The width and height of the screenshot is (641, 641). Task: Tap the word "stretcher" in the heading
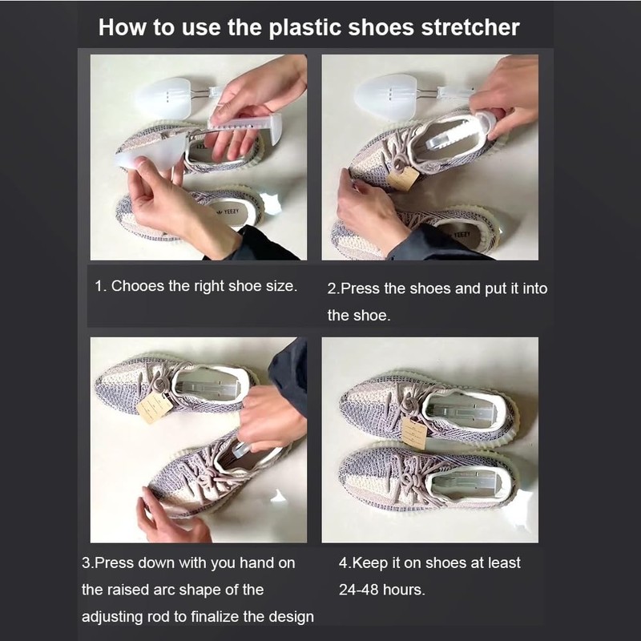(472, 27)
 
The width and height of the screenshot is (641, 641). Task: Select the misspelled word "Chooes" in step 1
(138, 286)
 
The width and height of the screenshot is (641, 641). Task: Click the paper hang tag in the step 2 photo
(403, 179)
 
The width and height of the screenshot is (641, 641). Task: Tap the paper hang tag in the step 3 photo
(154, 407)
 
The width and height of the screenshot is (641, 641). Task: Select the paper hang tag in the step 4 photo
(414, 434)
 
